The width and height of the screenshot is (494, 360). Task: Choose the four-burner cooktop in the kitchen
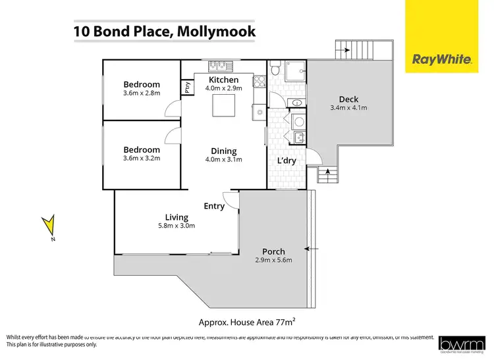(259, 82)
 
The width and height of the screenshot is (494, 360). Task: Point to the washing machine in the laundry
(298, 121)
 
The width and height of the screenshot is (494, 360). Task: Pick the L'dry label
(286, 161)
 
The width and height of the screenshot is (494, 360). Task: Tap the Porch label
(273, 251)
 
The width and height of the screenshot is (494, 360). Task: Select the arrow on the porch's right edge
(312, 249)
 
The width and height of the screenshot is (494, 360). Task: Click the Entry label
(214, 206)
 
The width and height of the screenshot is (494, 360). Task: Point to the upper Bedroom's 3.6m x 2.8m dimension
(142, 93)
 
